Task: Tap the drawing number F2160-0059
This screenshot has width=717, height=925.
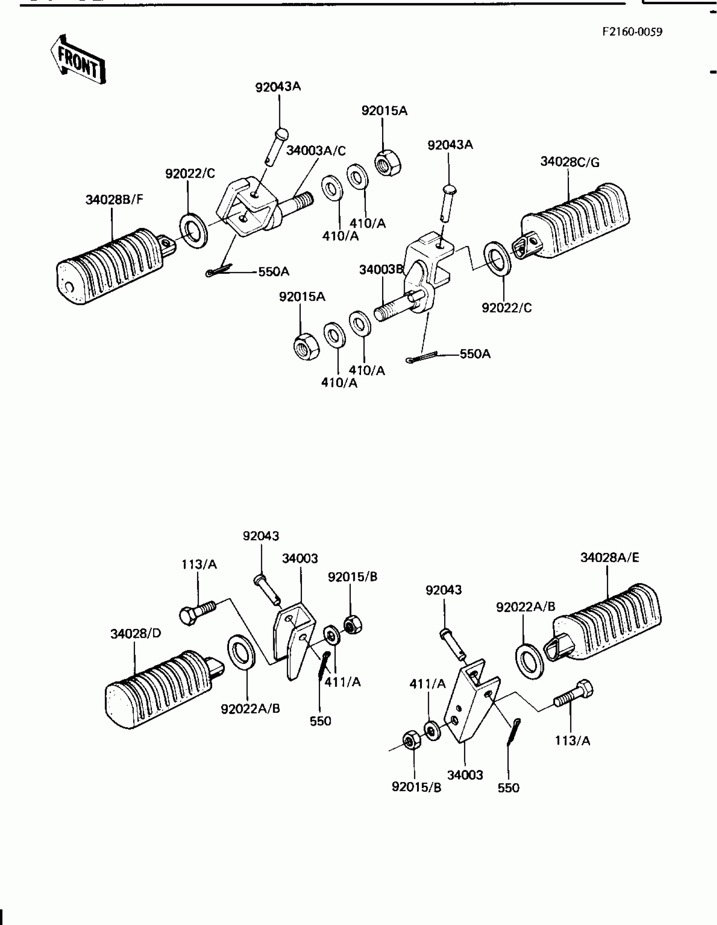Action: tap(632, 32)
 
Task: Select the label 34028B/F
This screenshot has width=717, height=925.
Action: tap(114, 200)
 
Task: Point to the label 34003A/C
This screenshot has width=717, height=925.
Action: tap(316, 151)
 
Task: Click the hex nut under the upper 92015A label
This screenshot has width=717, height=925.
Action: tap(388, 163)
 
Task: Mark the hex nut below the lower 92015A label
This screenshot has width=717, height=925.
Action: tap(307, 346)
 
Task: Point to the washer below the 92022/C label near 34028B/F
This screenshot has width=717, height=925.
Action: tap(194, 231)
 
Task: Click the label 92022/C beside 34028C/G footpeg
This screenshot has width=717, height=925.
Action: tap(507, 308)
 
